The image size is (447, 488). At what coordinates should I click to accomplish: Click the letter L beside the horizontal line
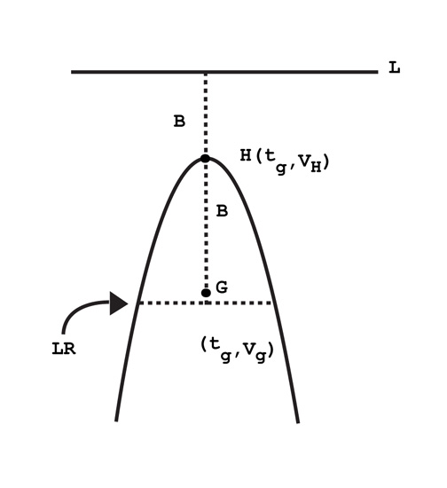point(395,67)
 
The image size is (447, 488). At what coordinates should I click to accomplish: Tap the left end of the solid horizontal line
point(72,72)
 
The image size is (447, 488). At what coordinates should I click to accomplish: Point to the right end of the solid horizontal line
point(378,72)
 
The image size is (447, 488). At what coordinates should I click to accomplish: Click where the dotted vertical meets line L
point(206,72)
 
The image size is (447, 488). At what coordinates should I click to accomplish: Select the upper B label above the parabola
point(179,121)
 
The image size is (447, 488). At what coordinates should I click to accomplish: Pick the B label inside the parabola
point(222,211)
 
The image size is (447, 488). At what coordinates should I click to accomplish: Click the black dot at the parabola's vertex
point(205,159)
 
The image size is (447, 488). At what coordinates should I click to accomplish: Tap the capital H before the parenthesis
point(246,155)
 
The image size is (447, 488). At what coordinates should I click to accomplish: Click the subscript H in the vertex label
point(316,168)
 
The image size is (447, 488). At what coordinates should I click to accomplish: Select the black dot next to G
point(206,293)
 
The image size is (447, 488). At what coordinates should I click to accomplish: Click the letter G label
point(222,287)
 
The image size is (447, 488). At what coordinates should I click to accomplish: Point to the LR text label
point(64,349)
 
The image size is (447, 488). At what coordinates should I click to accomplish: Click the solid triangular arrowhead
point(118,303)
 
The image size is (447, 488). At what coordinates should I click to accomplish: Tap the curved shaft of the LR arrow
point(79,309)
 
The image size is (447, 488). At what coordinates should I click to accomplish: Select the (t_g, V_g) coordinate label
point(237,350)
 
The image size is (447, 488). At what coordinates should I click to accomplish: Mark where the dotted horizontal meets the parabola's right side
point(273,303)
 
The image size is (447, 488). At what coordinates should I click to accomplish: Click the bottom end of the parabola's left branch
point(116,421)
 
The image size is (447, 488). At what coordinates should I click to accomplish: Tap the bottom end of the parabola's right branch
point(298,422)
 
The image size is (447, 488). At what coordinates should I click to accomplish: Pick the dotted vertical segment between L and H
point(206,114)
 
